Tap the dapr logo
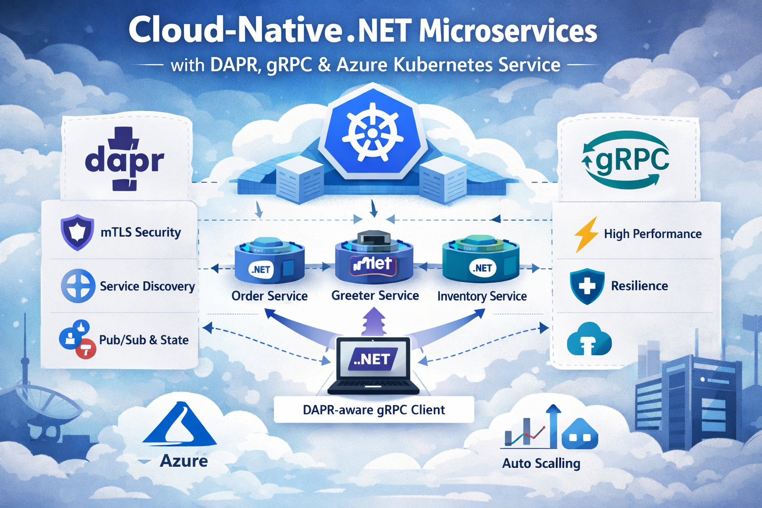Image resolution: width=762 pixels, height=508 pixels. pyautogui.click(x=124, y=160)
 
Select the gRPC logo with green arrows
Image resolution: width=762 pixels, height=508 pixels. pyautogui.click(x=626, y=160)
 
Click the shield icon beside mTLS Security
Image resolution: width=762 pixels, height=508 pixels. pyautogui.click(x=77, y=232)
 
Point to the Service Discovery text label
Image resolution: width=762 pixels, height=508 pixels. pyautogui.click(x=147, y=286)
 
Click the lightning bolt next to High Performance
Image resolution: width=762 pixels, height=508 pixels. pyautogui.click(x=586, y=234)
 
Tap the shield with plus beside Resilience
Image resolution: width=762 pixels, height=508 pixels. pyautogui.click(x=587, y=286)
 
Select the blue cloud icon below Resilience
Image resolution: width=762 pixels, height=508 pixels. pyautogui.click(x=589, y=339)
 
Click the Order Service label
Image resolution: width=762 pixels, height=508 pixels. pyautogui.click(x=269, y=296)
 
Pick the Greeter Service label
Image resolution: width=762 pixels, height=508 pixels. pyautogui.click(x=375, y=296)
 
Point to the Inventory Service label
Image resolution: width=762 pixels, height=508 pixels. pyautogui.click(x=482, y=296)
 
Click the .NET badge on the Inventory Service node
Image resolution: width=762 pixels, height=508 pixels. pyautogui.click(x=482, y=268)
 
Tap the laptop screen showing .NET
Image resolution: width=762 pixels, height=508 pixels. pyautogui.click(x=373, y=359)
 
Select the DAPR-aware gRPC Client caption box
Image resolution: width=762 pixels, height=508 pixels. pyautogui.click(x=374, y=410)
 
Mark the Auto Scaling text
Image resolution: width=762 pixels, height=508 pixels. pyautogui.click(x=541, y=463)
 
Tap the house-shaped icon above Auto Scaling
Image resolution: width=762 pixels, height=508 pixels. pyautogui.click(x=580, y=435)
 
